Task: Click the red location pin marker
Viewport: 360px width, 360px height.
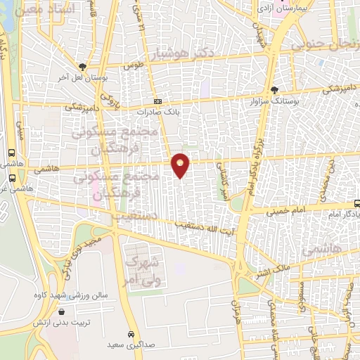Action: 181,165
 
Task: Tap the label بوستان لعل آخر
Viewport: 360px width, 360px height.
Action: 84,77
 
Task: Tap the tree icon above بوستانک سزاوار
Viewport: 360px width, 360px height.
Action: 274,90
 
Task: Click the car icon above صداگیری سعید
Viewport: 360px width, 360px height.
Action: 131,333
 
